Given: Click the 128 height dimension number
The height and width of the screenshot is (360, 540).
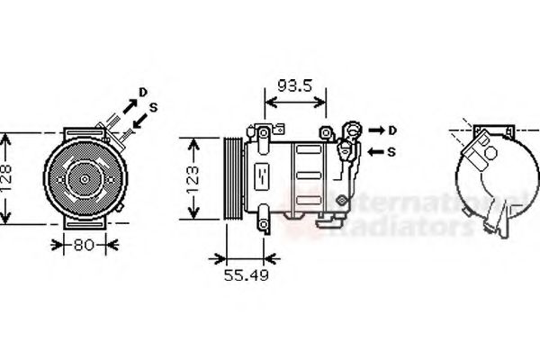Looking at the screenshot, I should [x=7, y=180].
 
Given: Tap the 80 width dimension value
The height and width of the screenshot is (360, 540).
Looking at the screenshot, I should [x=83, y=244].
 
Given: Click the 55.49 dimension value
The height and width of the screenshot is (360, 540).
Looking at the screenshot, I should [x=246, y=274].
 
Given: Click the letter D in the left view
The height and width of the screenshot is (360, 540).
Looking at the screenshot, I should [x=142, y=92].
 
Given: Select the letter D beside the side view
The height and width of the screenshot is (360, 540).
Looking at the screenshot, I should [x=392, y=130].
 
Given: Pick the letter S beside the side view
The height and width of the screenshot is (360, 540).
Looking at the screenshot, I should [x=392, y=151].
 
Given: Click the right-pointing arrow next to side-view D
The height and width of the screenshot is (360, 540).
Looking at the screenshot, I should [x=373, y=130].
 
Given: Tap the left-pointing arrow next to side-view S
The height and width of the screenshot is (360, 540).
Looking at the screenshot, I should [x=374, y=151].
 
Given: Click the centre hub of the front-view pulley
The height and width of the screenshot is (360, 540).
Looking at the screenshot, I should [x=84, y=180].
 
